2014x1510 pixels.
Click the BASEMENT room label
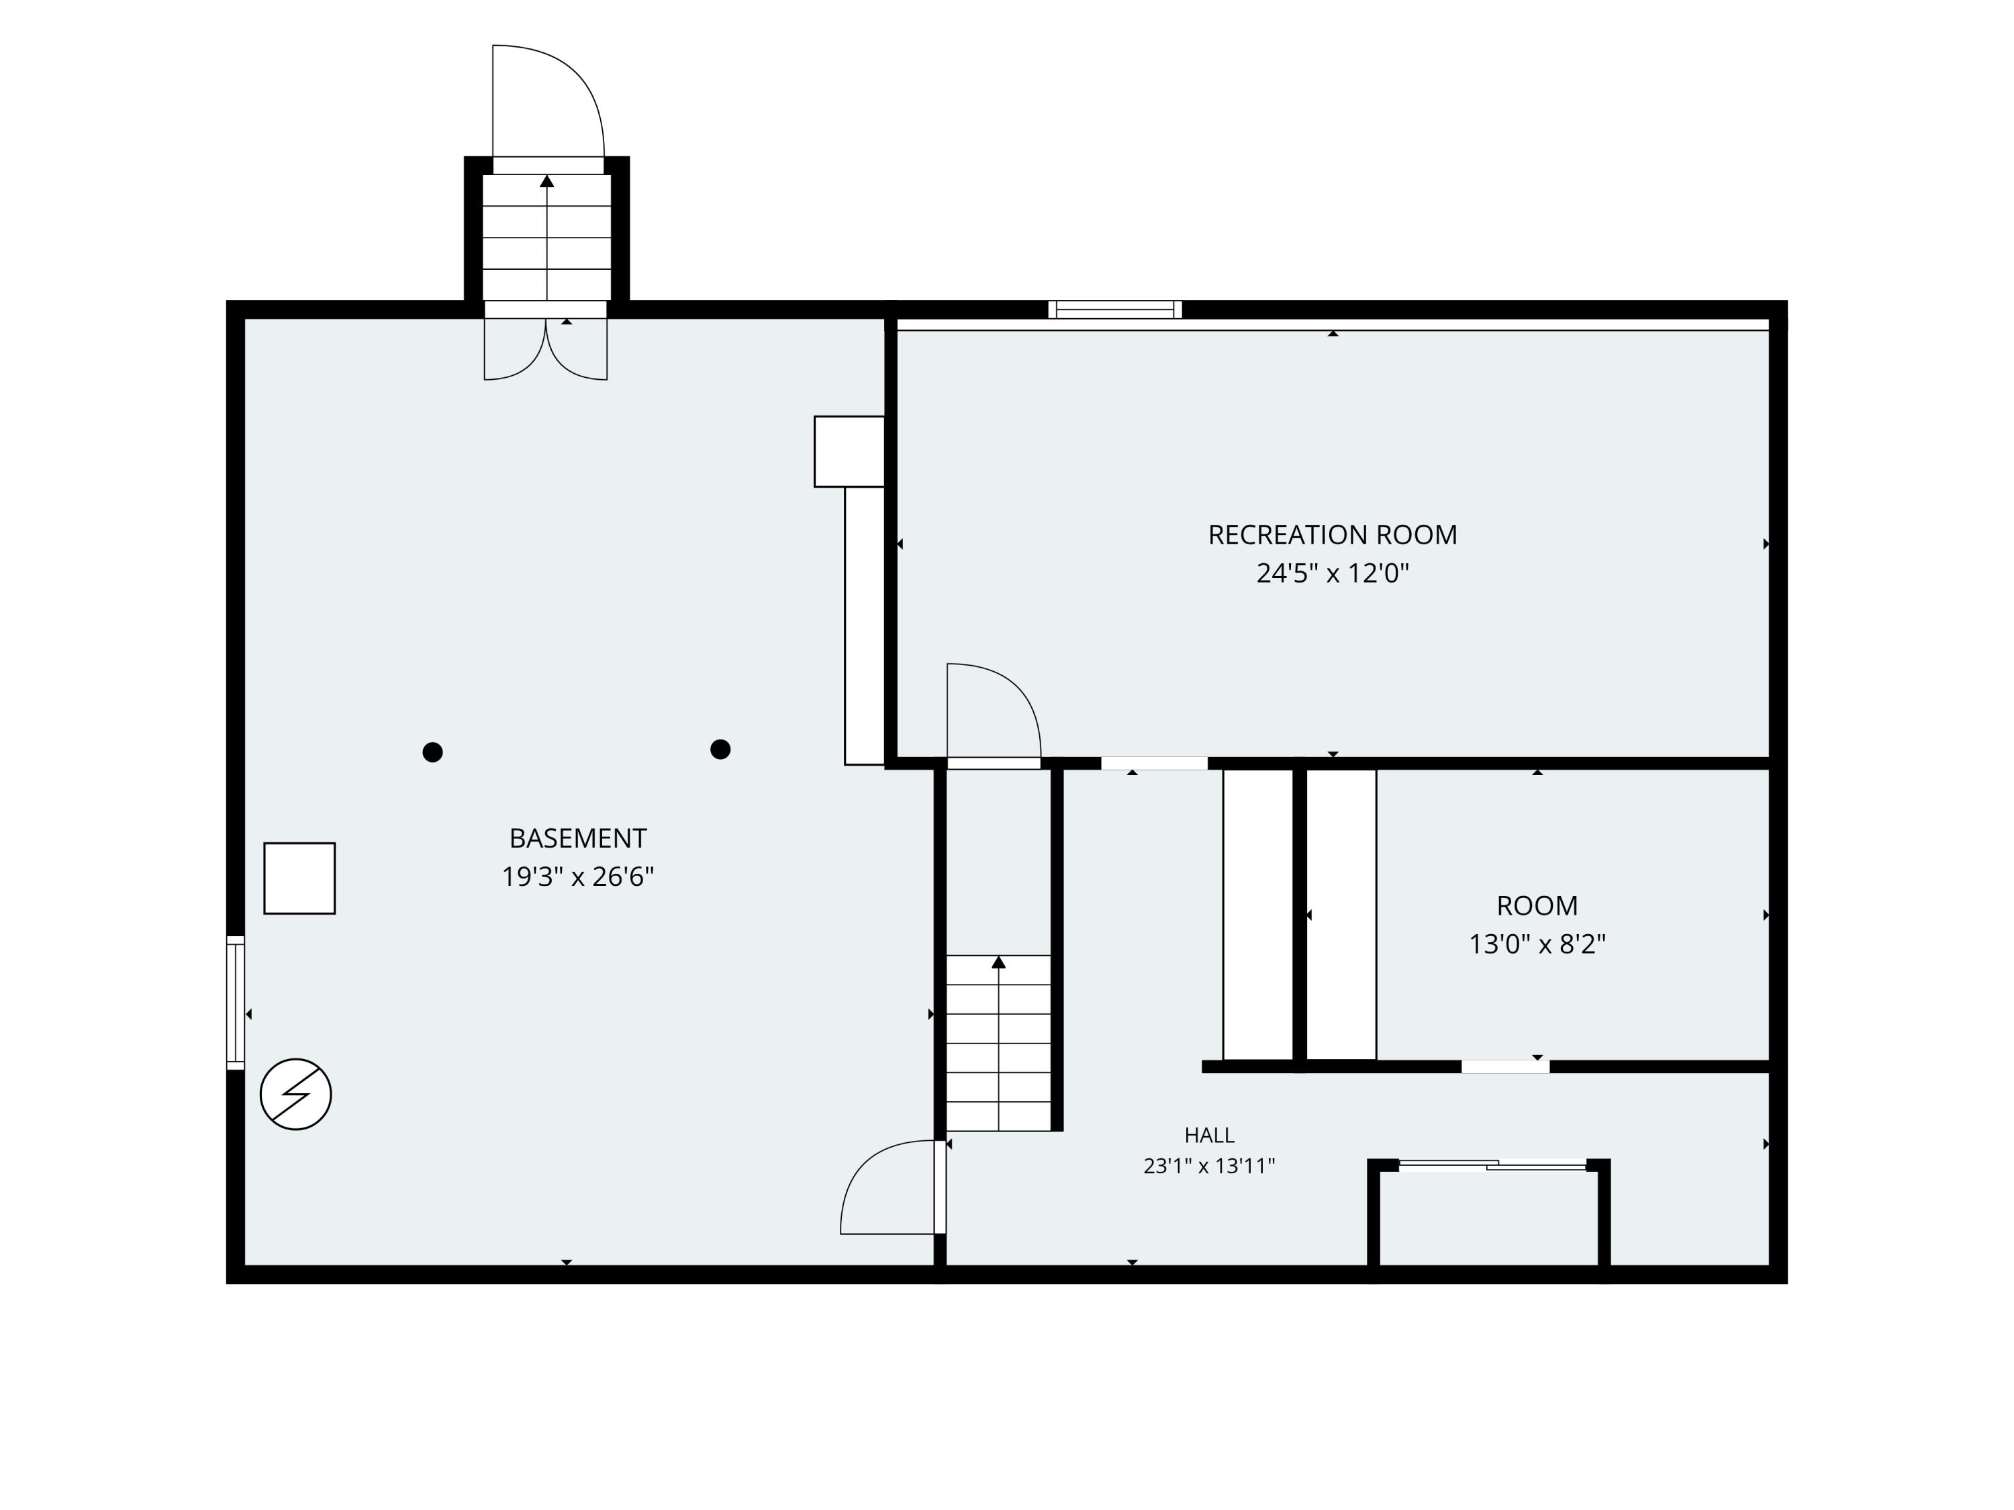[577, 838]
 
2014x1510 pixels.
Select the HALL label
[1209, 1135]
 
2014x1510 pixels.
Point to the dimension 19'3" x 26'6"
[577, 876]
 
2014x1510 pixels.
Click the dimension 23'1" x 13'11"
[1209, 1166]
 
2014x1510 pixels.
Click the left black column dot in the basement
[432, 752]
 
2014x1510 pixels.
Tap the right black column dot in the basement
[720, 749]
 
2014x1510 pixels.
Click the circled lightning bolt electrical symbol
[296, 1094]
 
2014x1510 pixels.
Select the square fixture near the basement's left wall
[299, 878]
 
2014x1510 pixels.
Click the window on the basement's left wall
[236, 1002]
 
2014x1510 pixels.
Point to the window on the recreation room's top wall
[1114, 309]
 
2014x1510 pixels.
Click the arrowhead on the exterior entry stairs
[547, 181]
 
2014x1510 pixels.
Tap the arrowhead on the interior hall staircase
[999, 962]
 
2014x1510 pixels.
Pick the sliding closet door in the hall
[1492, 1164]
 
